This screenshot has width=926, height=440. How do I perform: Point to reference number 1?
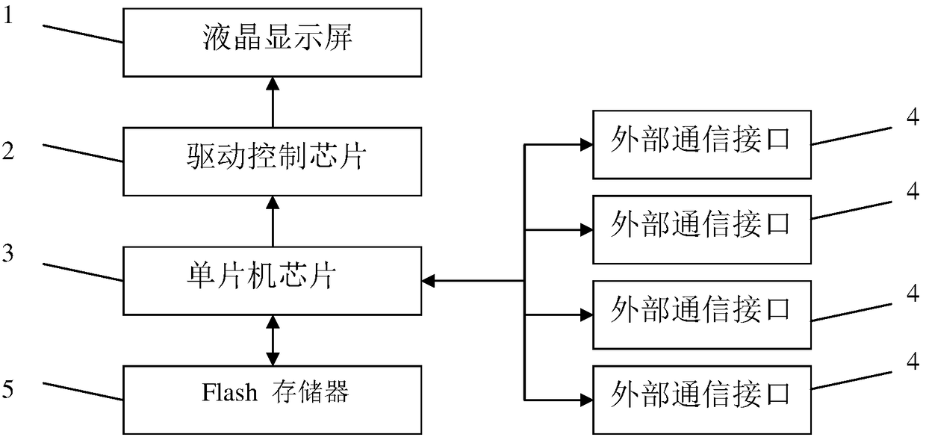pyautogui.click(x=8, y=16)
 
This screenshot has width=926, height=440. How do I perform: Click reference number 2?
pyautogui.click(x=8, y=151)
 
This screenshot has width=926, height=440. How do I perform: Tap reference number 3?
pyautogui.click(x=8, y=253)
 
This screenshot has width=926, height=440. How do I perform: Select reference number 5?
pyautogui.click(x=8, y=389)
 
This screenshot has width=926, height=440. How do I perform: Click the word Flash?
pyautogui.click(x=229, y=392)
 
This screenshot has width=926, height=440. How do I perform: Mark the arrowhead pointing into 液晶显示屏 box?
pyautogui.click(x=273, y=84)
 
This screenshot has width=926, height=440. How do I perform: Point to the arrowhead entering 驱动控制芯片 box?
pyautogui.click(x=273, y=202)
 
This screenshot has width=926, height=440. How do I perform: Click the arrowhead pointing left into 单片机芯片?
pyautogui.click(x=429, y=281)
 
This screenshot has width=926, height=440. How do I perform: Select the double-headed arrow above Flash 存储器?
pyautogui.click(x=273, y=341)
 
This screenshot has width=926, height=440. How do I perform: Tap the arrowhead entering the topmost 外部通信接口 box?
pyautogui.click(x=586, y=145)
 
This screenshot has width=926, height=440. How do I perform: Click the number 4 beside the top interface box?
pyautogui.click(x=913, y=117)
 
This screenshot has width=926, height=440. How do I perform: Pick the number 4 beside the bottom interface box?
pyautogui.click(x=913, y=362)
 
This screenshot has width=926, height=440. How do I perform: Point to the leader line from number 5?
pyautogui.click(x=83, y=391)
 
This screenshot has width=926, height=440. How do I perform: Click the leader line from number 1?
pyautogui.click(x=83, y=34)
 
